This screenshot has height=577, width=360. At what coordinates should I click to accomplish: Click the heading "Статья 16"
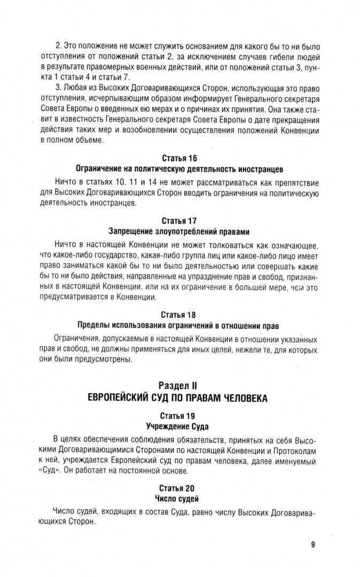pos(179,158)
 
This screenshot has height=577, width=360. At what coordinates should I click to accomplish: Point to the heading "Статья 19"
pos(179,416)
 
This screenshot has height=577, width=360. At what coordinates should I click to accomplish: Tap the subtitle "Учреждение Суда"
pos(179,426)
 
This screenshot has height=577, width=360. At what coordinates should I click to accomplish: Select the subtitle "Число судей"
pos(179,499)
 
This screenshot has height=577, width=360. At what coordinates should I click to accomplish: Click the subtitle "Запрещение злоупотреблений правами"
pos(179,232)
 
